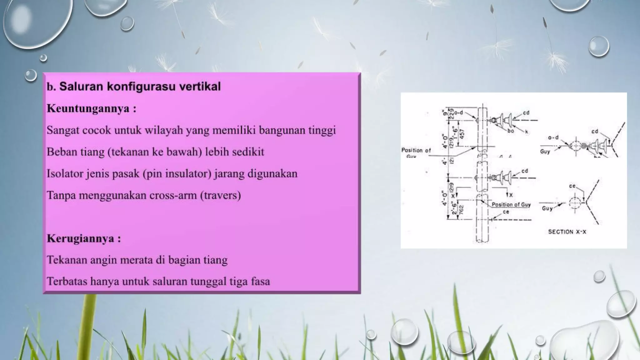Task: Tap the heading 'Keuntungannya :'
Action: [92, 108]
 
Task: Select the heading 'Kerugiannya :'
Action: [84, 239]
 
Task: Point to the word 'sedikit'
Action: [249, 152]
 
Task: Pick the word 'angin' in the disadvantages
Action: [101, 260]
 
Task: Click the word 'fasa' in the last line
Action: [260, 282]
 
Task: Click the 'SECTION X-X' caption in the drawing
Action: [567, 232]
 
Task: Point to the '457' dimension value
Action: [462, 134]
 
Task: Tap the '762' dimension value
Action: [462, 209]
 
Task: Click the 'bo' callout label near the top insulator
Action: [511, 131]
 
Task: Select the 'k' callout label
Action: [527, 132]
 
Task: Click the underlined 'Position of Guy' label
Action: [511, 205]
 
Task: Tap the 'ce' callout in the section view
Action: [572, 186]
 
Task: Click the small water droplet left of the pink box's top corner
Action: [31, 75]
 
